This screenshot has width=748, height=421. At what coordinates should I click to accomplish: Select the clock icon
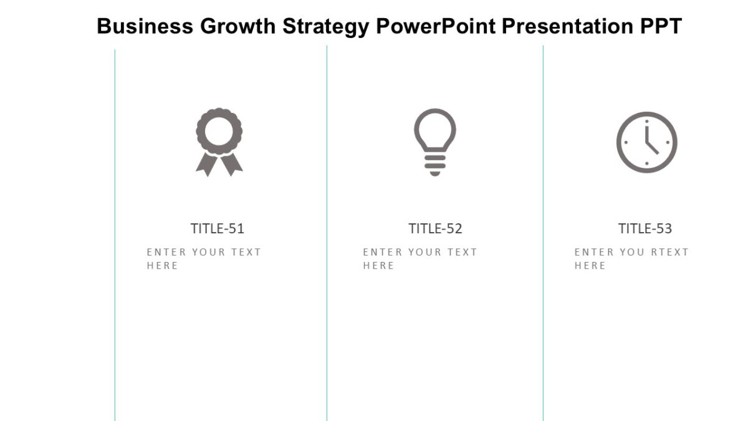click(x=646, y=142)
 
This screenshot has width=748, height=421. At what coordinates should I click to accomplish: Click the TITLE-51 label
click(x=218, y=229)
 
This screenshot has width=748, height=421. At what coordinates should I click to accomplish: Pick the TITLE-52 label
click(x=435, y=229)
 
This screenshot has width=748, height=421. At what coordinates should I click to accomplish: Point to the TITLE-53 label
click(x=645, y=229)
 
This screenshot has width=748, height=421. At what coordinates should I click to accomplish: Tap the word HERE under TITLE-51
click(x=163, y=266)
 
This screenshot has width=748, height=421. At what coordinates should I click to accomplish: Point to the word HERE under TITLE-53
click(x=590, y=266)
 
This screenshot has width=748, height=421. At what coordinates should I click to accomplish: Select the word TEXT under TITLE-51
click(x=246, y=253)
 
